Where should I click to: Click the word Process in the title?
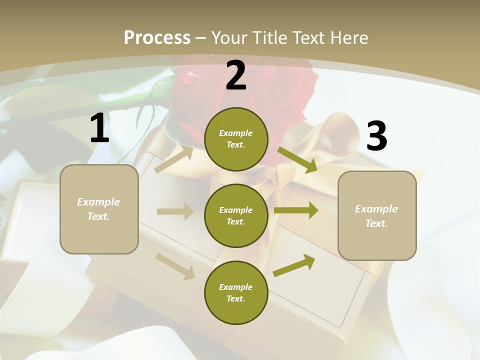tap(157, 37)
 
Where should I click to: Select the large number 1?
tap(99, 128)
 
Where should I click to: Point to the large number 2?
tap(236, 76)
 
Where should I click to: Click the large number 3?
tap(376, 136)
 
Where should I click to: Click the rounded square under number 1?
tap(99, 209)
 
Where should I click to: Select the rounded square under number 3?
tap(377, 216)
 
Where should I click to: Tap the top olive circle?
tap(236, 139)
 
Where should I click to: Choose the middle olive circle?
tap(236, 216)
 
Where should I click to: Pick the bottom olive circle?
tap(236, 293)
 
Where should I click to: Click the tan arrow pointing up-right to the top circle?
tap(174, 159)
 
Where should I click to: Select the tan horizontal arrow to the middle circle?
tap(175, 211)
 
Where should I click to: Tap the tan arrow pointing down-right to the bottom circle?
tap(175, 266)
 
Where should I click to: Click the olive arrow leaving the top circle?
tap(297, 159)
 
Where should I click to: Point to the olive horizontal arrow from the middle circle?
tap(296, 210)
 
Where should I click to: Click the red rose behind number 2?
tap(290, 90)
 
